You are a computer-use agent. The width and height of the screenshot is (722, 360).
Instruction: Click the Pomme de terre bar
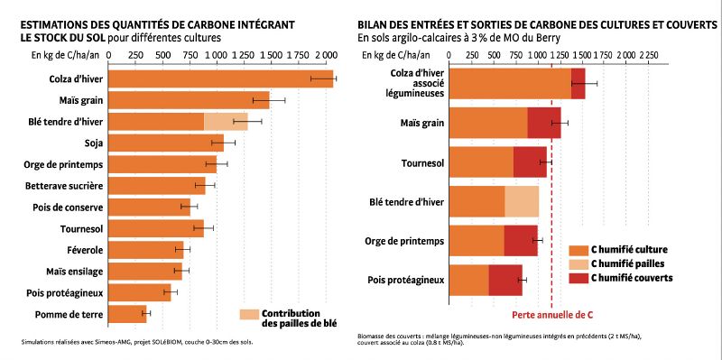127,314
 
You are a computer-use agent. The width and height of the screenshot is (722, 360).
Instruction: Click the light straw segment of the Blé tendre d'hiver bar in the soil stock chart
225,120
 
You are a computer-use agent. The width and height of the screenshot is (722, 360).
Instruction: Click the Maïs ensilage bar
144,272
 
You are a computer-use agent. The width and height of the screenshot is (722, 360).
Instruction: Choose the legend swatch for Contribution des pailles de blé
249,315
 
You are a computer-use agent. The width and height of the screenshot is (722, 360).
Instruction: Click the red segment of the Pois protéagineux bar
504,281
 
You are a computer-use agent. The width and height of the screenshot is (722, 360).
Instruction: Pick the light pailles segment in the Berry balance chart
522,202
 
